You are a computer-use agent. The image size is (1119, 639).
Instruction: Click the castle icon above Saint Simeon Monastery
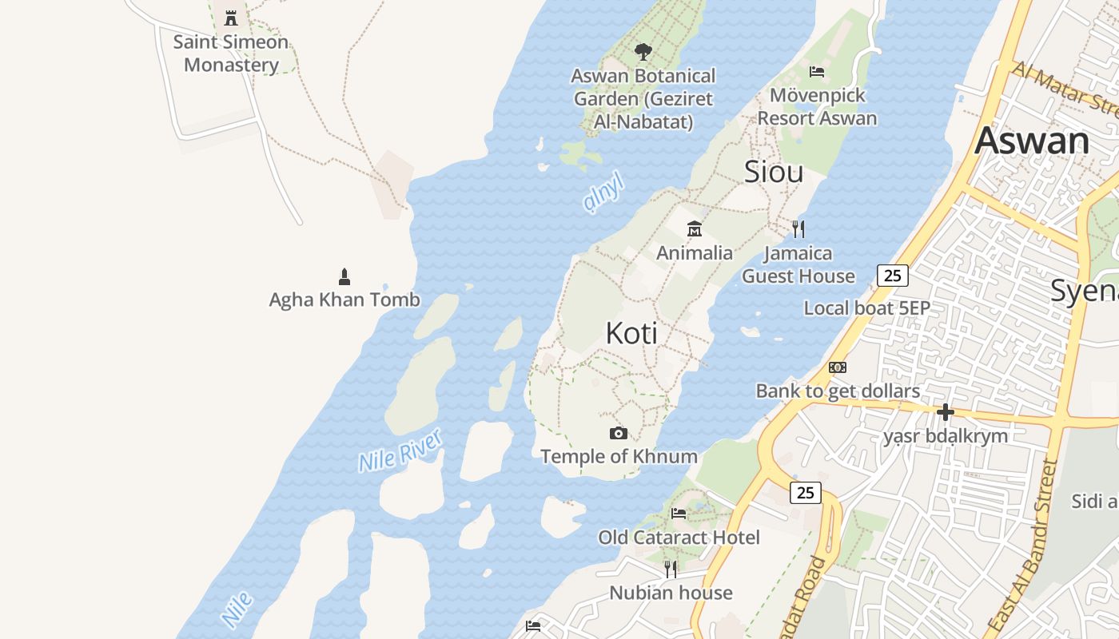(231, 18)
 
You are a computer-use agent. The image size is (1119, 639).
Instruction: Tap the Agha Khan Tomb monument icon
(344, 277)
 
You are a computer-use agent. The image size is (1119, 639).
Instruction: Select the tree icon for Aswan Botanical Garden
(643, 53)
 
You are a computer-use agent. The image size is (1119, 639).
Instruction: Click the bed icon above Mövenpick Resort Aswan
(817, 72)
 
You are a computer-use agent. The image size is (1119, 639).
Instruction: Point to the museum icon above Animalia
(695, 229)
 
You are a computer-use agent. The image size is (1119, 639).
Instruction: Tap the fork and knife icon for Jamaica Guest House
(798, 229)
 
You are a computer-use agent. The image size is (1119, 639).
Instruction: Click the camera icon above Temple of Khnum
(618, 433)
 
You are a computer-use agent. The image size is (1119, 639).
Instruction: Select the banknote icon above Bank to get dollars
(838, 367)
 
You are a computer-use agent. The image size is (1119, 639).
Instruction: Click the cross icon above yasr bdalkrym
(946, 412)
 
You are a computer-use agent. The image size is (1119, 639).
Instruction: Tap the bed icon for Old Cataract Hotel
(679, 514)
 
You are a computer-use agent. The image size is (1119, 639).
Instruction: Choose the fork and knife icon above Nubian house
(671, 569)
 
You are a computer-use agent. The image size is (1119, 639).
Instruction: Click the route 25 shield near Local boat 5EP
(893, 276)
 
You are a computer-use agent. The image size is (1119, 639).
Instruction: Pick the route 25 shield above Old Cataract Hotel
(805, 493)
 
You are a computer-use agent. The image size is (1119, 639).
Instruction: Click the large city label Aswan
(1031, 141)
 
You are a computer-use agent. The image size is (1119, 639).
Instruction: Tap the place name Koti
(631, 333)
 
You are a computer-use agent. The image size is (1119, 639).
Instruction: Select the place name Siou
(774, 172)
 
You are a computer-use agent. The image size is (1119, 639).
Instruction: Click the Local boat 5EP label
(866, 308)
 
